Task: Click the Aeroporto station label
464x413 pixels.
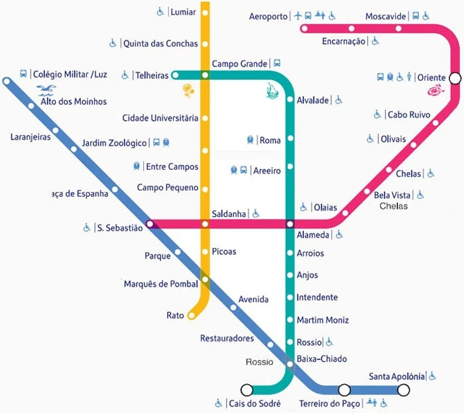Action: [x=268, y=16]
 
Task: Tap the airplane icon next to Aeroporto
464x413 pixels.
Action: [x=298, y=15]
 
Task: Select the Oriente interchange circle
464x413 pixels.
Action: [x=455, y=78]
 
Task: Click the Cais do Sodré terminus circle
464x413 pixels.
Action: [x=247, y=390]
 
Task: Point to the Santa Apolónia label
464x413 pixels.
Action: [x=396, y=377]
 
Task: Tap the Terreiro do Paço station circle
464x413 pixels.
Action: [x=344, y=390]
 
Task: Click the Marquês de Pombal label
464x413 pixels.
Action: [x=161, y=284]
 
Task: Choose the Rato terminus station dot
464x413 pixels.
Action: [x=192, y=316]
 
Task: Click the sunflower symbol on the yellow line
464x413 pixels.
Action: [x=188, y=90]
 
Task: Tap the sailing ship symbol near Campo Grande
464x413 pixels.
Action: [x=271, y=89]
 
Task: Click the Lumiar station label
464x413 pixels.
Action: [x=183, y=12]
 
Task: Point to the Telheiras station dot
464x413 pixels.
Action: [x=175, y=75]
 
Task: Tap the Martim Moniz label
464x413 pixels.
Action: [x=323, y=320]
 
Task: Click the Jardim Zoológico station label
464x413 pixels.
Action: [x=114, y=143]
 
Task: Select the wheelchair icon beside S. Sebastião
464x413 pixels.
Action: [x=87, y=228]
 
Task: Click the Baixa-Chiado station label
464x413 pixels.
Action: [x=321, y=359]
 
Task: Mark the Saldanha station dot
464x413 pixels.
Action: [x=205, y=224]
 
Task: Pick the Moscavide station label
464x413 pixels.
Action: [x=385, y=16]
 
